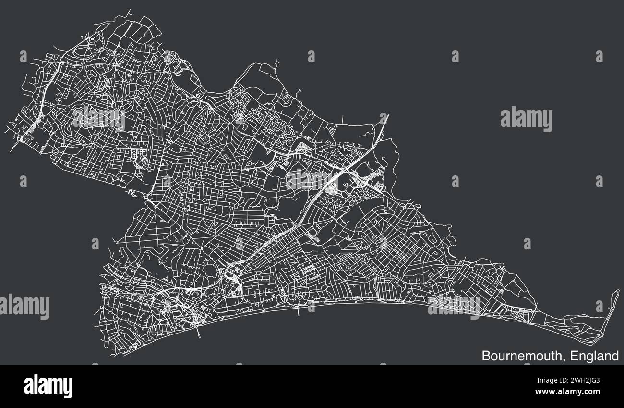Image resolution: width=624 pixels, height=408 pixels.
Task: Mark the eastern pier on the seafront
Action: coord(298,310)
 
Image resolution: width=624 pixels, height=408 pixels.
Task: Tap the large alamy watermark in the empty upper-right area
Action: coord(526,119)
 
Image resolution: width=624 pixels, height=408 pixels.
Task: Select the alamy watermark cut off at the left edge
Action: coord(24,307)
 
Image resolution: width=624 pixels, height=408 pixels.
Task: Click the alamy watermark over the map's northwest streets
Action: coord(98,118)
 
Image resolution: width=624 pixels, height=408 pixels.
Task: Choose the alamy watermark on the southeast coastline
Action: coord(453,306)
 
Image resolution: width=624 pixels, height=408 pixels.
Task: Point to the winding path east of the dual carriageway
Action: coord(395,159)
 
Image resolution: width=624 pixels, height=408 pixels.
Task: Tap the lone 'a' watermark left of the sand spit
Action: coord(599,306)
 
